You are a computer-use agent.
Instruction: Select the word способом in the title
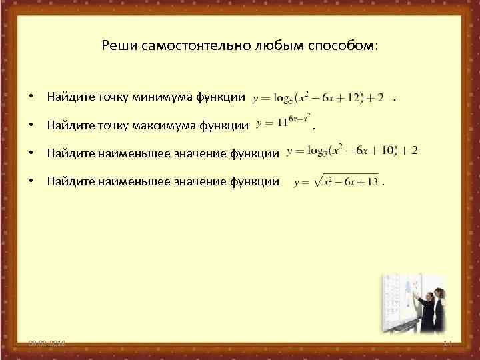344,46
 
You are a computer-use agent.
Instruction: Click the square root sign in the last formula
317,180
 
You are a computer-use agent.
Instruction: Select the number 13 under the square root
372,181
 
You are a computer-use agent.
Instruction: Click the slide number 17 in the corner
448,343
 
